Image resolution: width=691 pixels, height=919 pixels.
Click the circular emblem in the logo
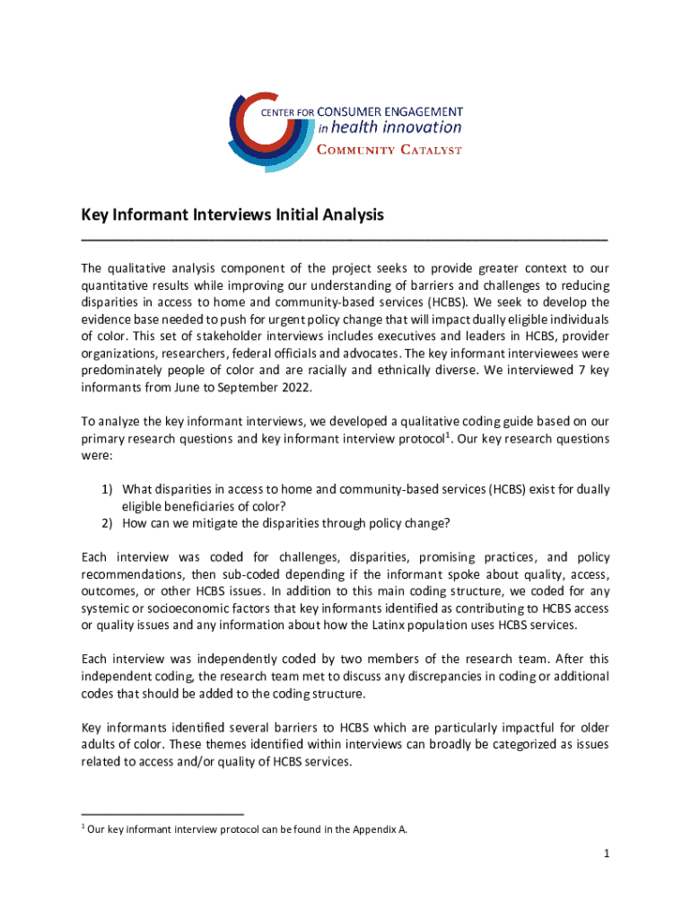[x=269, y=130]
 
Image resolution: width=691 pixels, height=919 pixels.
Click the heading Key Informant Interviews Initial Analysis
[x=232, y=215]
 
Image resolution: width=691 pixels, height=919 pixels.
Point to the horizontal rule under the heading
[x=345, y=240]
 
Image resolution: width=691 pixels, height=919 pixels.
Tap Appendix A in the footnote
[x=381, y=829]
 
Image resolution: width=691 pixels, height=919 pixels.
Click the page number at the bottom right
[x=607, y=855]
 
